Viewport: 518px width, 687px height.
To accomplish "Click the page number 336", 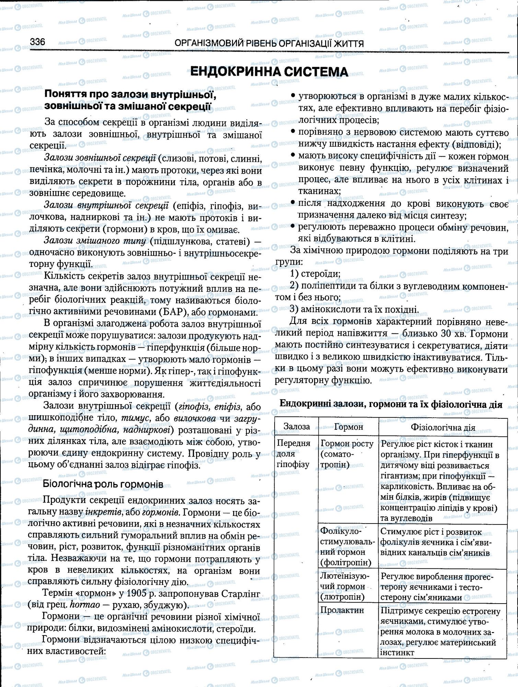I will [38, 42].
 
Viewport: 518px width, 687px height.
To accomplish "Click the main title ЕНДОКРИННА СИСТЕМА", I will [269, 71].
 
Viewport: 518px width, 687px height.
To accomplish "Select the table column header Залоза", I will [297, 427].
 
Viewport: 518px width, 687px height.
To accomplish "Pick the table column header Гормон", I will [348, 427].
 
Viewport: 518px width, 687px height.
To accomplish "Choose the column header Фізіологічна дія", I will [443, 428].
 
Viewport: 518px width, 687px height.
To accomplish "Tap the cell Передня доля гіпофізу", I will [293, 454].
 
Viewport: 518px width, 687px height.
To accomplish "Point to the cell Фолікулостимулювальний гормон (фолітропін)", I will [347, 547].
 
